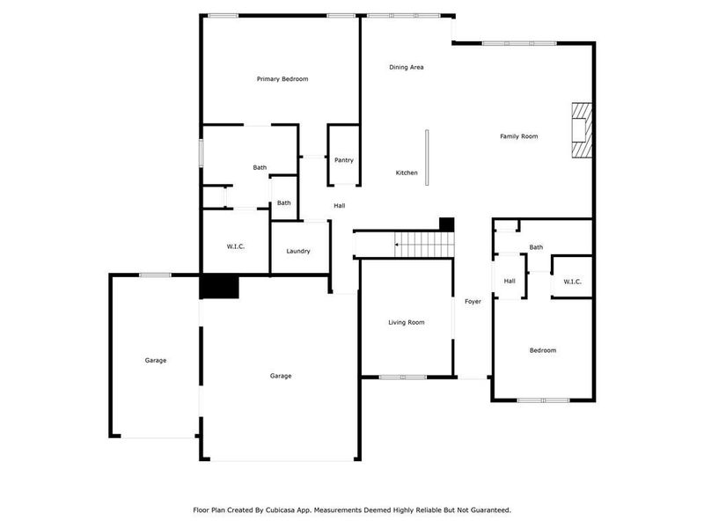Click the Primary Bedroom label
(x=282, y=79)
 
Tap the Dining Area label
(x=407, y=67)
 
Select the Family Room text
(x=518, y=136)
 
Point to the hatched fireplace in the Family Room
(x=580, y=130)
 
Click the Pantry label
(x=343, y=160)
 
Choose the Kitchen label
(x=407, y=172)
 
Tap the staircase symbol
(x=422, y=244)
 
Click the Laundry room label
(x=298, y=251)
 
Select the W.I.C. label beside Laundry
(x=236, y=246)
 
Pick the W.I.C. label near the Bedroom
(x=572, y=282)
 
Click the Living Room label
(x=407, y=323)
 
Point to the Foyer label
(x=473, y=302)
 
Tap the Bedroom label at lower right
(x=542, y=350)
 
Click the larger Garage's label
(x=281, y=376)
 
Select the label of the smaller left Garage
(x=156, y=360)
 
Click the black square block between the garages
(x=220, y=288)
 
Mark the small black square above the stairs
(x=446, y=224)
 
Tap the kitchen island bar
(x=427, y=158)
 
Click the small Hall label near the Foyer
(x=510, y=282)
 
